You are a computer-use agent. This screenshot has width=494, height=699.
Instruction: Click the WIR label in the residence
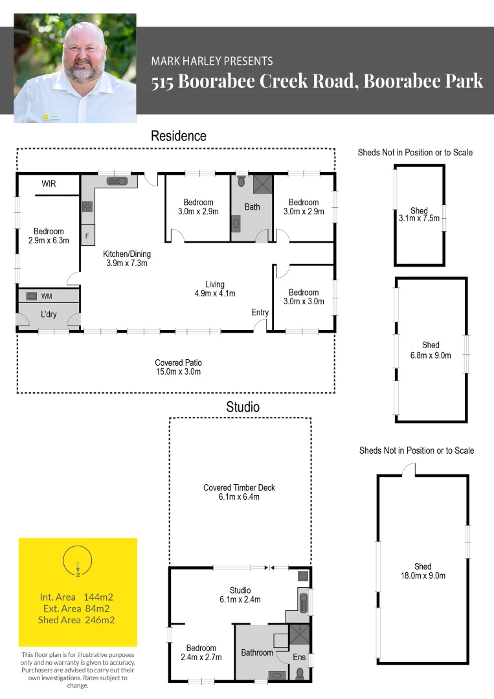pyautogui.click(x=49, y=184)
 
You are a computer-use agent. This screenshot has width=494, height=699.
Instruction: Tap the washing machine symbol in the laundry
pyautogui.click(x=32, y=296)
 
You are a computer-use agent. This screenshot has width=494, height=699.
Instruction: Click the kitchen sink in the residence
pyautogui.click(x=117, y=181)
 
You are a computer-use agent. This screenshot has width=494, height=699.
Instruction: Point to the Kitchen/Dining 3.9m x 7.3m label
pyautogui.click(x=126, y=258)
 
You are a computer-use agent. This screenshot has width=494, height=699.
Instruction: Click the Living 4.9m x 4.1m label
pyautogui.click(x=214, y=289)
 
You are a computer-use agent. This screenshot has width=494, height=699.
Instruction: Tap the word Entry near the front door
pyautogui.click(x=260, y=313)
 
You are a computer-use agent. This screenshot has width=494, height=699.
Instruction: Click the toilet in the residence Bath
pyautogui.click(x=241, y=181)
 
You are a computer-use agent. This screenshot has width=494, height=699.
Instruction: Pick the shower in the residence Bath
pyautogui.click(x=263, y=184)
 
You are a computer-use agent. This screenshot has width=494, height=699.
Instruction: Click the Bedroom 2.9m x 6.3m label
pyautogui.click(x=49, y=236)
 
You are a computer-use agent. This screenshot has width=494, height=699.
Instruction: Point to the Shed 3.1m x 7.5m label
pyautogui.click(x=419, y=214)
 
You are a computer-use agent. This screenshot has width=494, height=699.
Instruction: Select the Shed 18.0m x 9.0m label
pyautogui.click(x=422, y=571)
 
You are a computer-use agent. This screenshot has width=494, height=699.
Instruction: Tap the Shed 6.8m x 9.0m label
pyautogui.click(x=430, y=349)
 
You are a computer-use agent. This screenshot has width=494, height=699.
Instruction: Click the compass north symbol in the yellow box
pyautogui.click(x=77, y=560)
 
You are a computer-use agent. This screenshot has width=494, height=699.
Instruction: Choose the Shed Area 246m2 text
pyautogui.click(x=77, y=620)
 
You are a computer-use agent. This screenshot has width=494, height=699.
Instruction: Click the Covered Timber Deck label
pyautogui.click(x=240, y=492)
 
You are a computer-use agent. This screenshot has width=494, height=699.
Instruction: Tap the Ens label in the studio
pyautogui.click(x=298, y=657)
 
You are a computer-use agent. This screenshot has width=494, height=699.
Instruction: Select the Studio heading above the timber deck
pyautogui.click(x=243, y=407)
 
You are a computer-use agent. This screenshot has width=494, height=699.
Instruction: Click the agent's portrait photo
pyautogui.click(x=75, y=68)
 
